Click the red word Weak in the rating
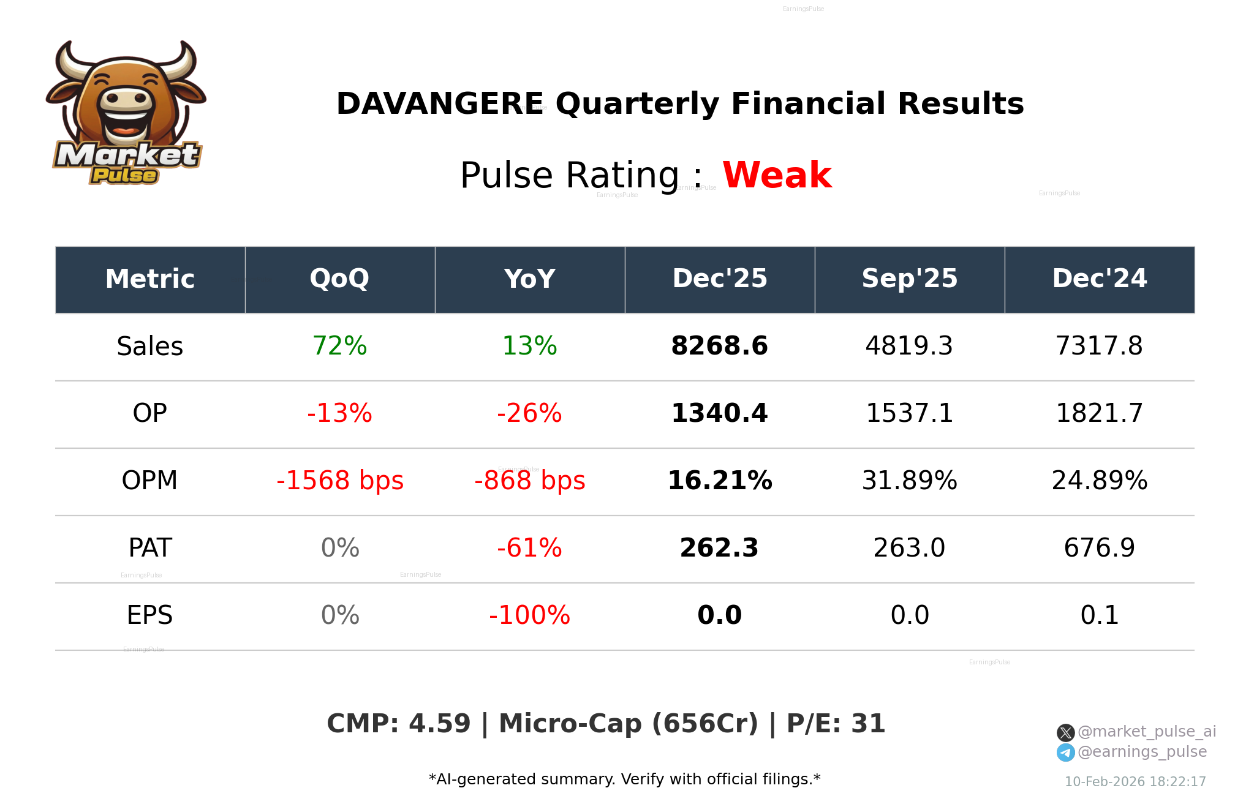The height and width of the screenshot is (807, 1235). coord(776,175)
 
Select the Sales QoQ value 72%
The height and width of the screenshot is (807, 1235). coord(339,346)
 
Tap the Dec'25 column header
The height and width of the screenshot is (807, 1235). coord(719,279)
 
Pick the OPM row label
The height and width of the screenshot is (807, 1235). coord(149,481)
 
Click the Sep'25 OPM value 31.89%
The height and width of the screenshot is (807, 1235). coord(909,481)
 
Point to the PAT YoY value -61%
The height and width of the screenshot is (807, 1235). coord(529,548)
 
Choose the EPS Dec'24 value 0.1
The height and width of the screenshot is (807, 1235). coord(1099,615)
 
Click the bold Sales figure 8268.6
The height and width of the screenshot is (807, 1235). coord(719,346)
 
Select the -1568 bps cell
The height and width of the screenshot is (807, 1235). coord(339,481)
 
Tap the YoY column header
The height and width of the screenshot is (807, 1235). coord(529,279)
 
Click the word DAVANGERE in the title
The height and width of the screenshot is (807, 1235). coord(439,103)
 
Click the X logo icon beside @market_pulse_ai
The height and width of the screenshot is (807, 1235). coord(1065,732)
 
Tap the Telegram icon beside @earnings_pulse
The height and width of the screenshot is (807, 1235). coord(1065,753)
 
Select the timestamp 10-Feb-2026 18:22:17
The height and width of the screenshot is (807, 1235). coord(1135,782)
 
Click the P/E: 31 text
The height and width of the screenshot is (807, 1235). coord(836,724)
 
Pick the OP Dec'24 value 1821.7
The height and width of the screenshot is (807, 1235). coord(1099,413)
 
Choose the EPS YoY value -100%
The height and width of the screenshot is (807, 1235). coord(529,615)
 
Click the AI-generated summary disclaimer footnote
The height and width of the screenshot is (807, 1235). coord(624,779)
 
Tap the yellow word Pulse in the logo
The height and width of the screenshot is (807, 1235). coord(124,176)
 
